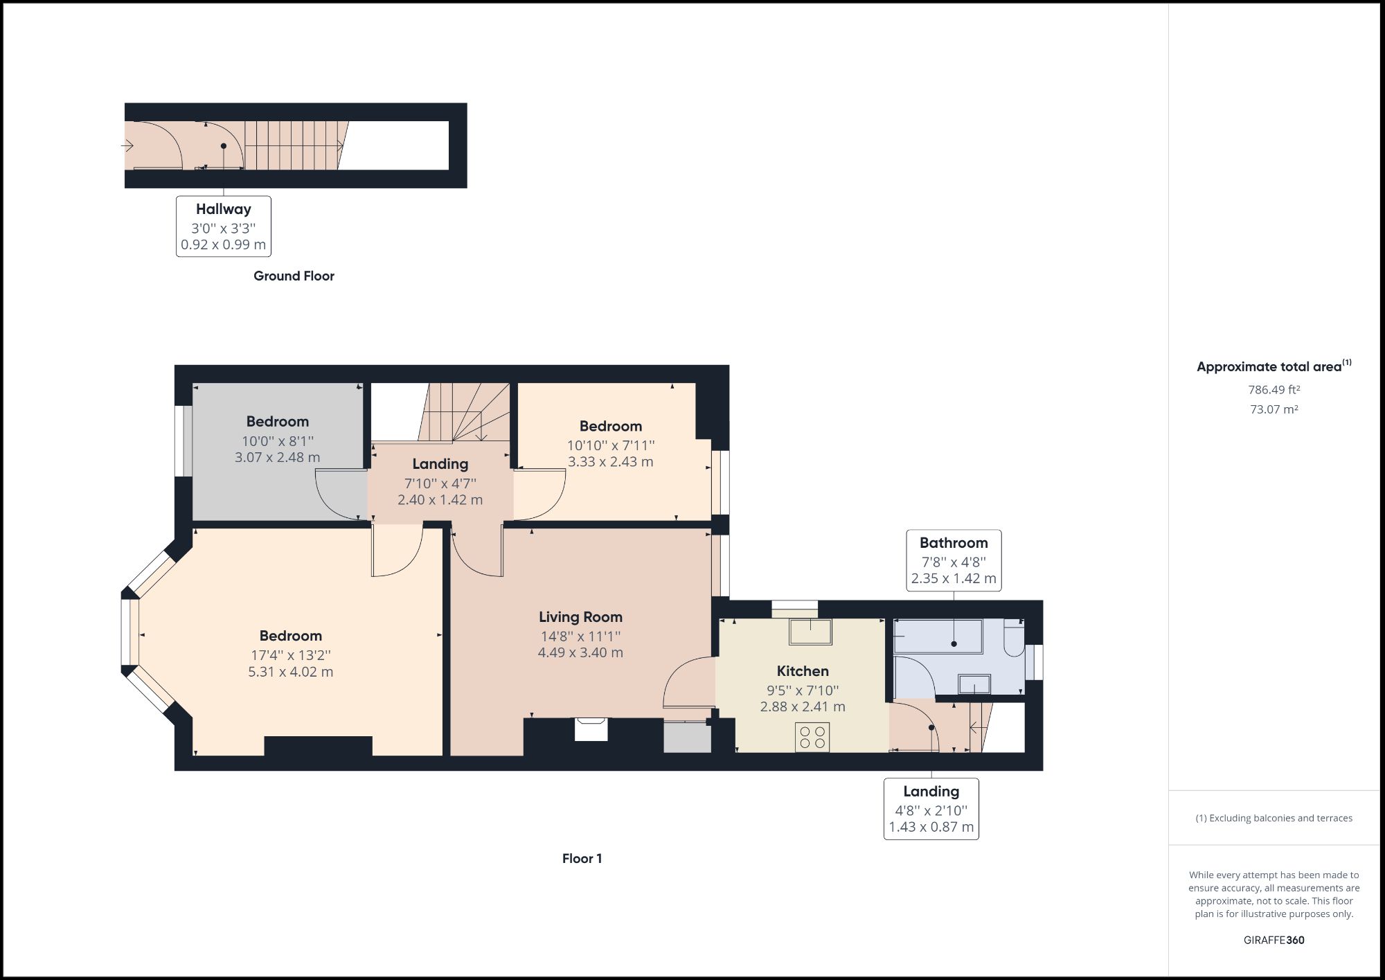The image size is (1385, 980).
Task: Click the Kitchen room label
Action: pos(803,671)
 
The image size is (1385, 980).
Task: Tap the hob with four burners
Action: pos(812,736)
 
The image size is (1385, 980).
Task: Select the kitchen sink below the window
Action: pos(810,632)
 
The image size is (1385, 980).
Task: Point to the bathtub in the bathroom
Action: pos(938,636)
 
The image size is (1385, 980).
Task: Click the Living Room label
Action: pos(580,617)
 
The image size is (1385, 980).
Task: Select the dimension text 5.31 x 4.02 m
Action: pos(291,672)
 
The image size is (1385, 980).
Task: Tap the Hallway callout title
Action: pos(223,209)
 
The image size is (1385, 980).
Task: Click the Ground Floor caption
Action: pos(294,276)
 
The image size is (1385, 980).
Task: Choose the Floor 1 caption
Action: pos(582,858)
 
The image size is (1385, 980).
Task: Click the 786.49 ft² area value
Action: pos(1274,390)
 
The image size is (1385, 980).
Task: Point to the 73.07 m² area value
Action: pos(1274,409)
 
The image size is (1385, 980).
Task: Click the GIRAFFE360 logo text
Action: pos(1274,940)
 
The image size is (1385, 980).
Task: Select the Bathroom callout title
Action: pos(954,543)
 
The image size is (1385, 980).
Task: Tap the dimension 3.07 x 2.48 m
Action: pos(278,457)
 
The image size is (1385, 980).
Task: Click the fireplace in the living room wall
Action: pos(591,730)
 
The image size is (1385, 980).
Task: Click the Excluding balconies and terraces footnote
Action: pos(1274,818)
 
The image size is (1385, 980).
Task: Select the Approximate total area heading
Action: pos(1269,367)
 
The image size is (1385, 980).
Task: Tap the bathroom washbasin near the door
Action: pos(974,684)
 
